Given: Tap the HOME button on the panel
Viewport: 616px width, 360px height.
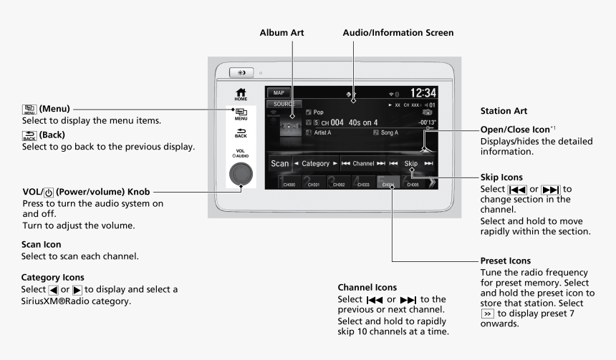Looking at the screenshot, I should tap(240, 93).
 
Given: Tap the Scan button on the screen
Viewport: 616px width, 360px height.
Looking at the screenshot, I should tap(280, 163).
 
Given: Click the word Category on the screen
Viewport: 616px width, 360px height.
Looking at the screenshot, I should tap(315, 163).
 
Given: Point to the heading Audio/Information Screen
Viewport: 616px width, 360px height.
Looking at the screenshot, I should tap(398, 33).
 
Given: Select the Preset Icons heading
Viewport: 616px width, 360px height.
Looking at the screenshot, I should tap(499, 260).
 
